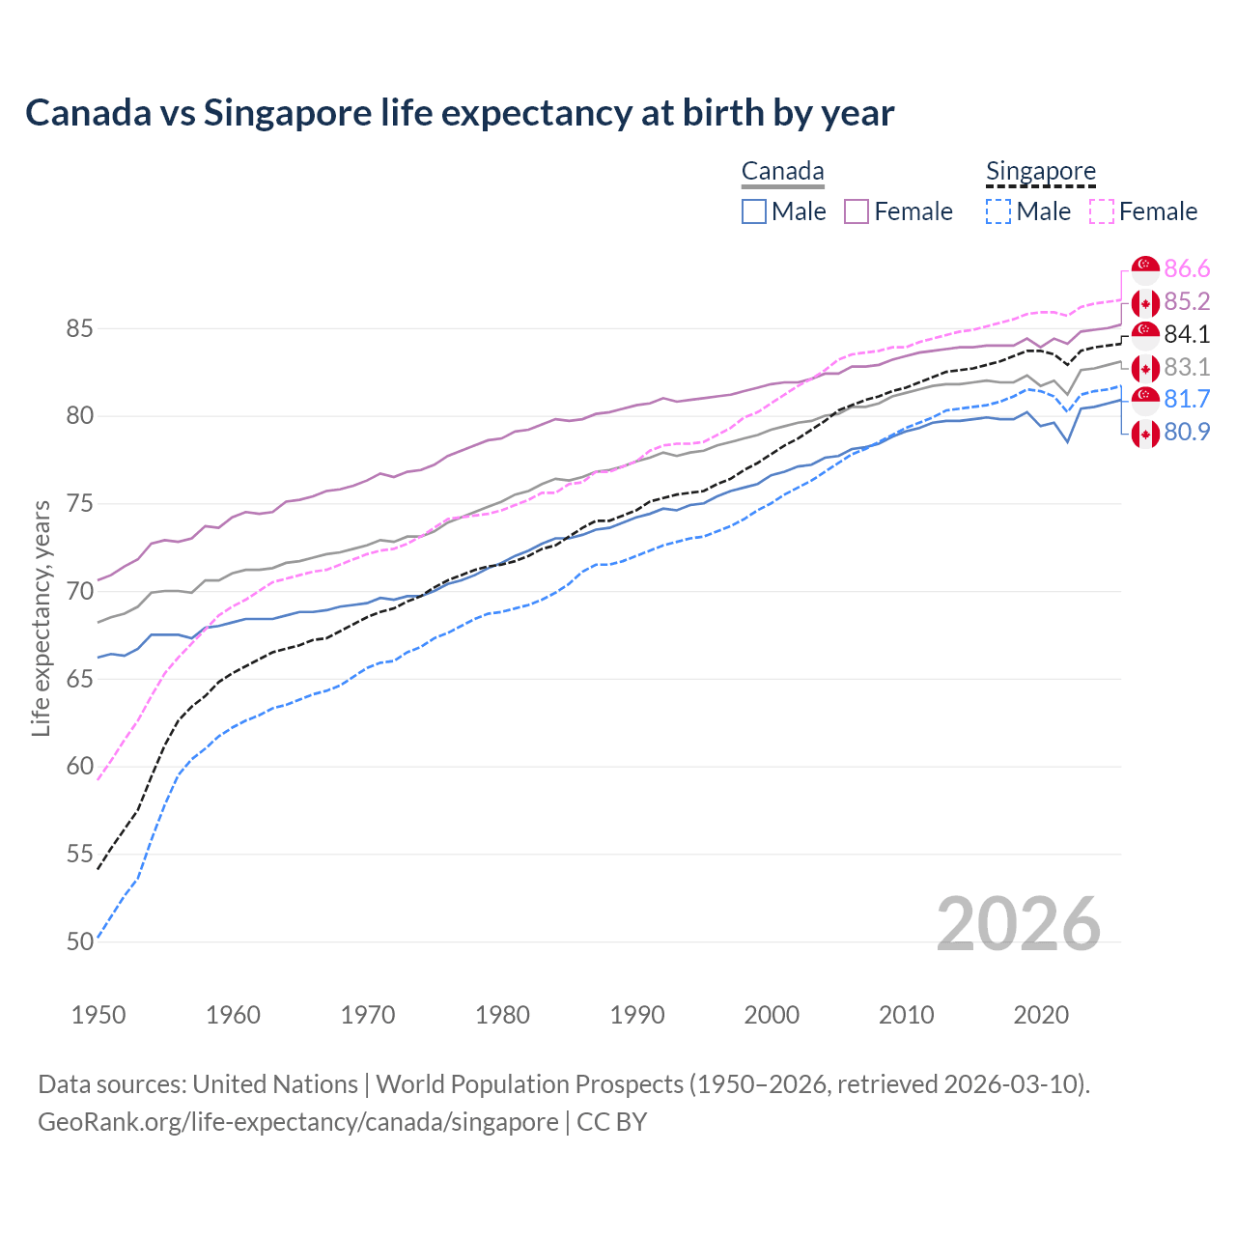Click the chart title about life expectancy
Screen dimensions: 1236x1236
click(460, 113)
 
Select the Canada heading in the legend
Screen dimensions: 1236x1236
click(782, 172)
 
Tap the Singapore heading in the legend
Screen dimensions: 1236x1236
click(1040, 172)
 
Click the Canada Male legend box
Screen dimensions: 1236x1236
click(754, 211)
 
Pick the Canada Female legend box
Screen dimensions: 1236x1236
click(857, 211)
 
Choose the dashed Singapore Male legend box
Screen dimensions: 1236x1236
click(998, 211)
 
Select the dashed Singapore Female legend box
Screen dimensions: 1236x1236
click(1102, 211)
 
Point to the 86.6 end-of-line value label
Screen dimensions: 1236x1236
click(1187, 268)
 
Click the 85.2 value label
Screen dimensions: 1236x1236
click(1187, 301)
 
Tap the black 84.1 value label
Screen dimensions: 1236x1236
click(1187, 334)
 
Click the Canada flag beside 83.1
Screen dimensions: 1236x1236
click(1145, 368)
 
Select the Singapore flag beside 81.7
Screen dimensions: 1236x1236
click(1145, 400)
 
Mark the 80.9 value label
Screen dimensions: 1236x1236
click(1187, 433)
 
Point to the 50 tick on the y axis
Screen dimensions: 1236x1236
click(79, 941)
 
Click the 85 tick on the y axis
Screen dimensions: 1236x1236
click(79, 328)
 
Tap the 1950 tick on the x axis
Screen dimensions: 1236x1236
click(98, 1015)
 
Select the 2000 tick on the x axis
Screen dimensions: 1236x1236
click(772, 1015)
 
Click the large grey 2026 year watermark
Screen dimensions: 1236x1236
click(1018, 924)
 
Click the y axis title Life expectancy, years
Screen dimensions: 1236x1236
click(41, 618)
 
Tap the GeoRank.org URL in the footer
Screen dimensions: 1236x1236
click(297, 1122)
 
